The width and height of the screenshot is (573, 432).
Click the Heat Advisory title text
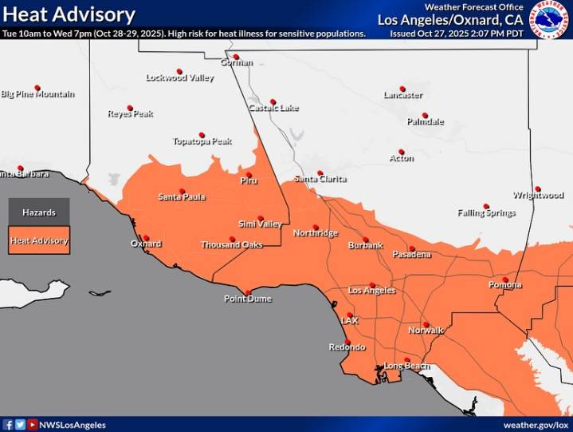(69, 14)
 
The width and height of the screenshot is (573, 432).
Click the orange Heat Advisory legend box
(39, 240)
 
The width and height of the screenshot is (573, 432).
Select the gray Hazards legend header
(39, 212)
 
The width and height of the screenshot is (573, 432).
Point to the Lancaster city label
(402, 95)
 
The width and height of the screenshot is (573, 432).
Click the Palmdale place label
(425, 122)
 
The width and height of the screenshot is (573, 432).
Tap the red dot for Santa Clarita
(320, 172)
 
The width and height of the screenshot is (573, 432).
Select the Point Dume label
(247, 299)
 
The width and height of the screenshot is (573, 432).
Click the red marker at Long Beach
(407, 359)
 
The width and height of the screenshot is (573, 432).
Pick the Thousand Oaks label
(231, 245)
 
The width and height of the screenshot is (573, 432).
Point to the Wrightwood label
(538, 195)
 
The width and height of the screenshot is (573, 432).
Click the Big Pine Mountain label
(37, 94)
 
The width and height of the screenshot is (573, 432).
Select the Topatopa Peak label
(202, 141)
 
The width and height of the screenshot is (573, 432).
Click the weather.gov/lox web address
(536, 425)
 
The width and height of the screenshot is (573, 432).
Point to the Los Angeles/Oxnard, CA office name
(450, 19)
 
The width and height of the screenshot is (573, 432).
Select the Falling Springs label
(486, 213)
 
